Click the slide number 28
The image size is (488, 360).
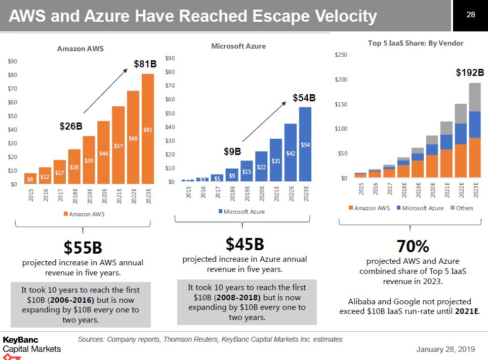point(471,15)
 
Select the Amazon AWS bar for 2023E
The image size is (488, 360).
point(148,129)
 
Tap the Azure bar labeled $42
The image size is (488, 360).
point(291,152)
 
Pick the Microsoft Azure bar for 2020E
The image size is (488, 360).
point(261,166)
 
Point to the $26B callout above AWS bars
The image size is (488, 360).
point(71,126)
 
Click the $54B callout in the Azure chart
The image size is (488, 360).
point(304,97)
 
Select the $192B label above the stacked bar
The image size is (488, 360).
point(470,73)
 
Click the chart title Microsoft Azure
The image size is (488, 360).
point(238,46)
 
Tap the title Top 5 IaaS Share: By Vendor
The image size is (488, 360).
point(416,43)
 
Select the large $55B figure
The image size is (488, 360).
point(83,248)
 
